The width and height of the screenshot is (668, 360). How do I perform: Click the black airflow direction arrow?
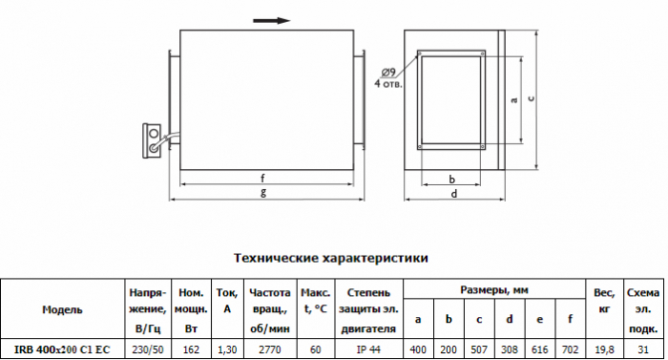click(x=271, y=20)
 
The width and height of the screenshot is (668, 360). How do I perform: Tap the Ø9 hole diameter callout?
click(x=388, y=72)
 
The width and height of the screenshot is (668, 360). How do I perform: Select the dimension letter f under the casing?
click(x=262, y=178)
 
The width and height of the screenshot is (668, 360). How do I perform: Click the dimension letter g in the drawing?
click(x=263, y=192)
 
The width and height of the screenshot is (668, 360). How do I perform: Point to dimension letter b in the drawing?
click(x=452, y=180)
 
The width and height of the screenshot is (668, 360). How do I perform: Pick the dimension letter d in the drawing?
click(x=454, y=194)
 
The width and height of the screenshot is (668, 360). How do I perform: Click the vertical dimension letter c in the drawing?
click(x=531, y=98)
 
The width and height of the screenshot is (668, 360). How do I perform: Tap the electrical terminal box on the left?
click(x=151, y=140)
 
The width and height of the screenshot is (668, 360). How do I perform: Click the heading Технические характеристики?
click(x=330, y=258)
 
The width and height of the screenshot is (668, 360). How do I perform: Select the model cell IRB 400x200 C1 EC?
click(x=62, y=349)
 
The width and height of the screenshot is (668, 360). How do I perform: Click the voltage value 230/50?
click(x=148, y=349)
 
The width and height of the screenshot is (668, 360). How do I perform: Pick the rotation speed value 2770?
click(x=270, y=349)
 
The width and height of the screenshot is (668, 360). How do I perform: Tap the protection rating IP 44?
click(x=368, y=349)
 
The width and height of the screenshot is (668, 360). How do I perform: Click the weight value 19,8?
click(x=604, y=349)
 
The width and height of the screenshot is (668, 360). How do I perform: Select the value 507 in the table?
click(x=479, y=349)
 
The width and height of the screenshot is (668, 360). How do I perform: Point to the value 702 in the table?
click(x=570, y=349)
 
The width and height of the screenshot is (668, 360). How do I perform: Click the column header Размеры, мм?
click(x=494, y=290)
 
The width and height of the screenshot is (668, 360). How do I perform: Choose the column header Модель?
click(x=62, y=309)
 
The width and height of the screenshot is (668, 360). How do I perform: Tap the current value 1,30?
click(x=227, y=349)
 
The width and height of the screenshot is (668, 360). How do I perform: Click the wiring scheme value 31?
click(x=643, y=349)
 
